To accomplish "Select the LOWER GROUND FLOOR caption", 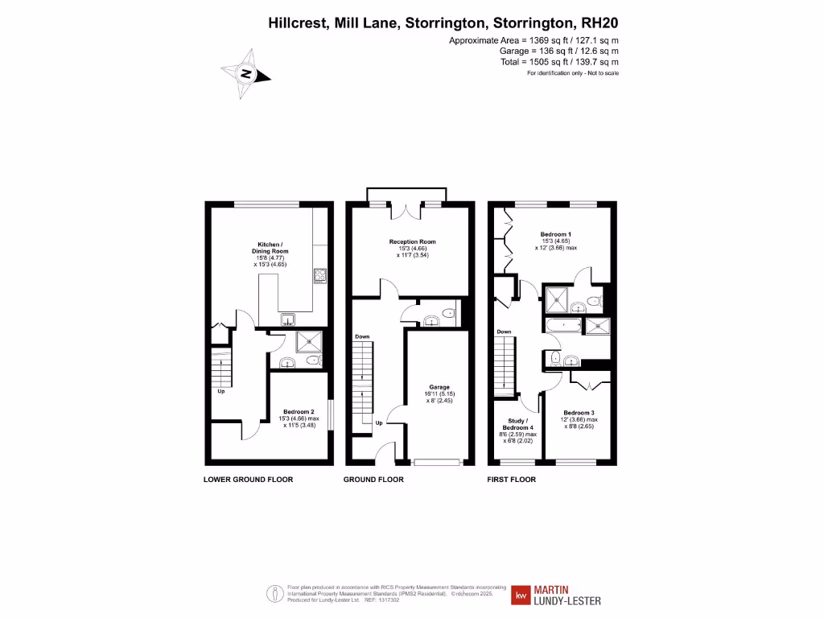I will (248, 480).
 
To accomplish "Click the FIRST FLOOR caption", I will (512, 480).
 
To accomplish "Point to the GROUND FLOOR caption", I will (373, 480).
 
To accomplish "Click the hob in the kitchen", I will (319, 276).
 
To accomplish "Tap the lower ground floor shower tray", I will (310, 342).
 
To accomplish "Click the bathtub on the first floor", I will (563, 325).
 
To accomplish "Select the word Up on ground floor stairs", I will (379, 422).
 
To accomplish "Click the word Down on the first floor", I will (504, 332).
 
